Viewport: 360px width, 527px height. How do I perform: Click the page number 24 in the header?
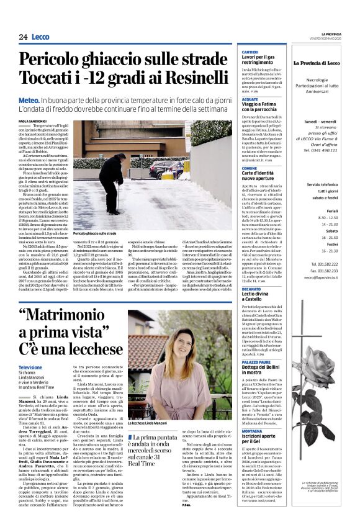tap(24, 37)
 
